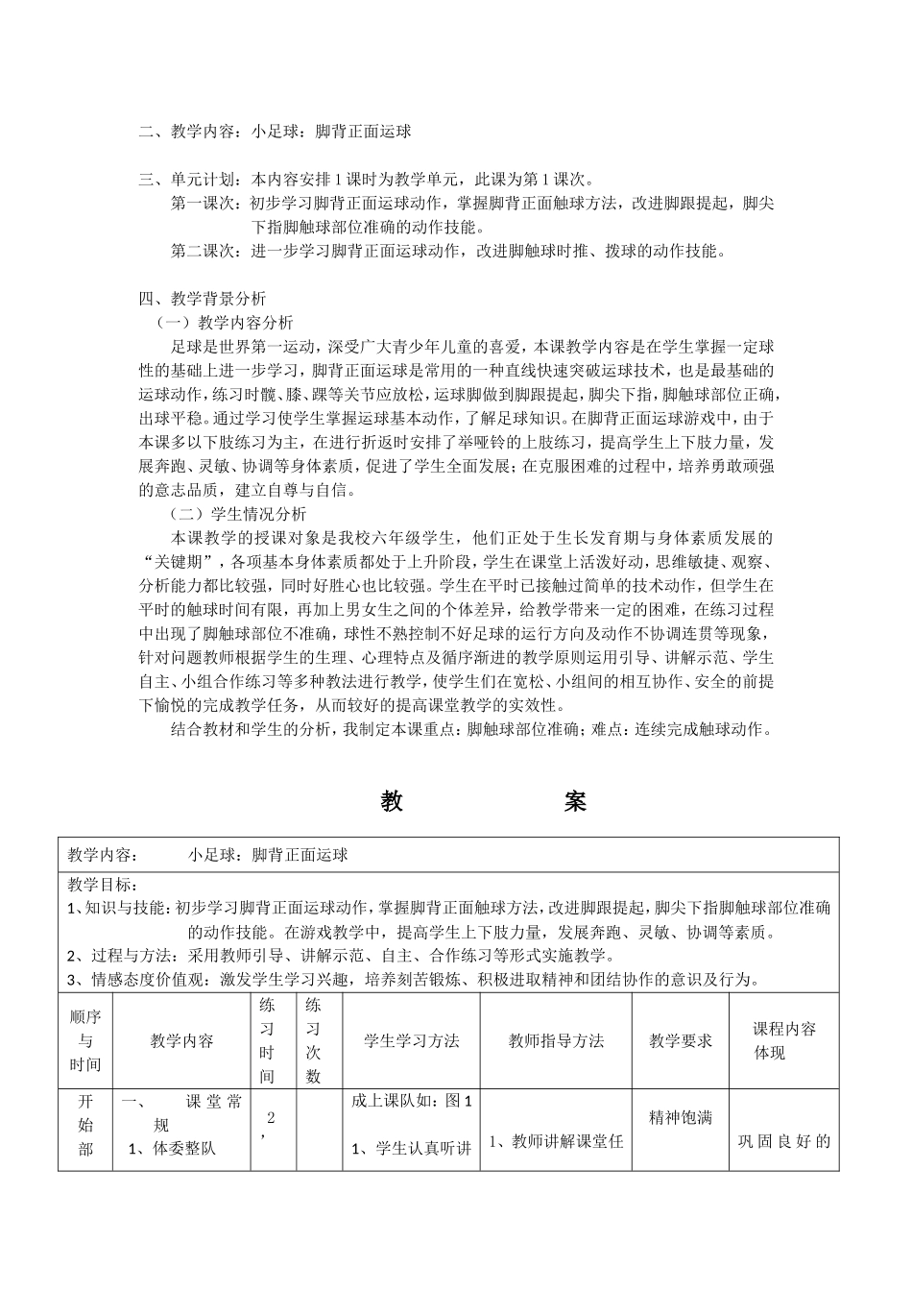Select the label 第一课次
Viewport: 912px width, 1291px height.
tap(204, 204)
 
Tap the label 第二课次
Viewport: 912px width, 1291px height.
tap(204, 252)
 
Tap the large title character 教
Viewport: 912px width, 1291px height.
tap(392, 802)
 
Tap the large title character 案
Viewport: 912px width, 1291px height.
tap(575, 802)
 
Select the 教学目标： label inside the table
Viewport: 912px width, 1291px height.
tap(103, 885)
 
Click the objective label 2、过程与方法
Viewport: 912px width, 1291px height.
tap(119, 956)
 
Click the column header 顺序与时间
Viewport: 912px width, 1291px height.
tap(85, 1041)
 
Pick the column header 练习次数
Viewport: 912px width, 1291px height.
tap(313, 1041)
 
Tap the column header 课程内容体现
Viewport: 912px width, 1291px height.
tap(783, 1041)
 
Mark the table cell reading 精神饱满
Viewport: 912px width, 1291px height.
tap(681, 1117)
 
